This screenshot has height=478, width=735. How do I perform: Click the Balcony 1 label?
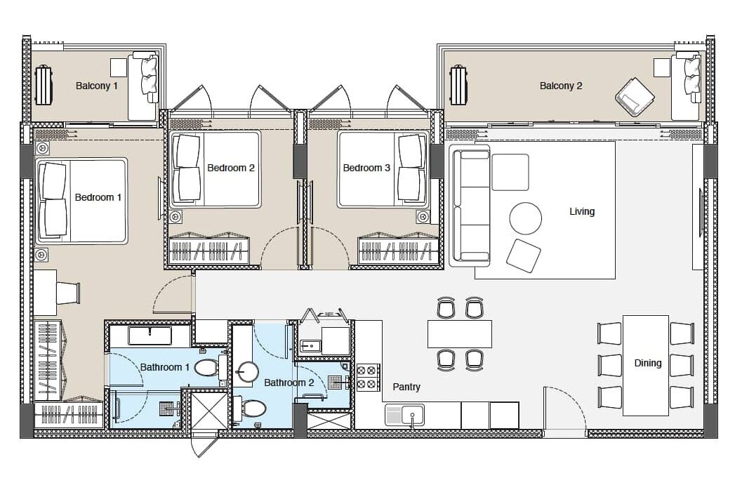pos(97,86)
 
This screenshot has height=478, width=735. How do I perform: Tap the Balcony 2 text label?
pos(561,86)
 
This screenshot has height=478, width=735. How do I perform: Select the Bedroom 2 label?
pos(231,168)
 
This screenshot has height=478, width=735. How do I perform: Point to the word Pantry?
pos(406,387)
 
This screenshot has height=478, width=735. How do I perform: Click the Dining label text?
pos(648,363)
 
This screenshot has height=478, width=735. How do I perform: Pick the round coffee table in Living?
pos(526,218)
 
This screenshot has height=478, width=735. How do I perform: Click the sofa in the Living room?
pos(470,206)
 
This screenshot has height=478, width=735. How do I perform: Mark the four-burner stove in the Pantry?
pos(368,377)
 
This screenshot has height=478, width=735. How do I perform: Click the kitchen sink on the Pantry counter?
pos(404,416)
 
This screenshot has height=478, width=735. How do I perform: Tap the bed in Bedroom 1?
pos(81,201)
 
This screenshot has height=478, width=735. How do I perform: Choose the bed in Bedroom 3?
pos(383,169)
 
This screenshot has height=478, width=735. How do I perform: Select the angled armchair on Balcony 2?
pos(635,98)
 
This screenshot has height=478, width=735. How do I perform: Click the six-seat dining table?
pos(645,366)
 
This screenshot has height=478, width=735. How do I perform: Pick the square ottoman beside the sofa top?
pos(510,172)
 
